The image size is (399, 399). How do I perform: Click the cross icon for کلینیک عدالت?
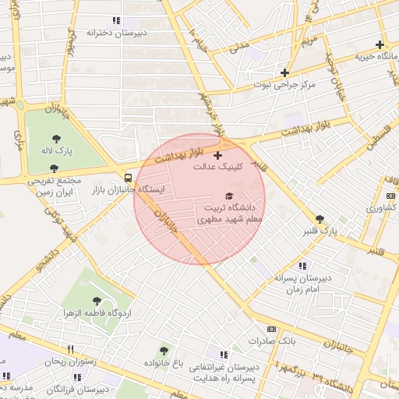[x=217, y=156]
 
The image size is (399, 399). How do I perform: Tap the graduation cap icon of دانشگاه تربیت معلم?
[x=229, y=196]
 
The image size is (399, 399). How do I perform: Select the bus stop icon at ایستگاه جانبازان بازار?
[x=129, y=177]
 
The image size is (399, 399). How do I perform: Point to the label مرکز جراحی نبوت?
[x=287, y=85]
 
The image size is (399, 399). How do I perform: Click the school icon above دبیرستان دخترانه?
[x=116, y=21]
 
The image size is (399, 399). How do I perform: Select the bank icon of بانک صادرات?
[x=271, y=330]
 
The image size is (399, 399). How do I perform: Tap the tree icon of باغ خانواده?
[x=164, y=351]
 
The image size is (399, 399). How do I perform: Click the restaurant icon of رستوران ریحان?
[x=70, y=349]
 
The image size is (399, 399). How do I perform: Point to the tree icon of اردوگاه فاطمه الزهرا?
[x=97, y=301]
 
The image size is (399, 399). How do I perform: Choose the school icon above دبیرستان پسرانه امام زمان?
[x=302, y=267]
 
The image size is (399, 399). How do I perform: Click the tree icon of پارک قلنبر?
[x=320, y=219]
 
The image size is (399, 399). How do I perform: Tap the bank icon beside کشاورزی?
[x=390, y=196]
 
